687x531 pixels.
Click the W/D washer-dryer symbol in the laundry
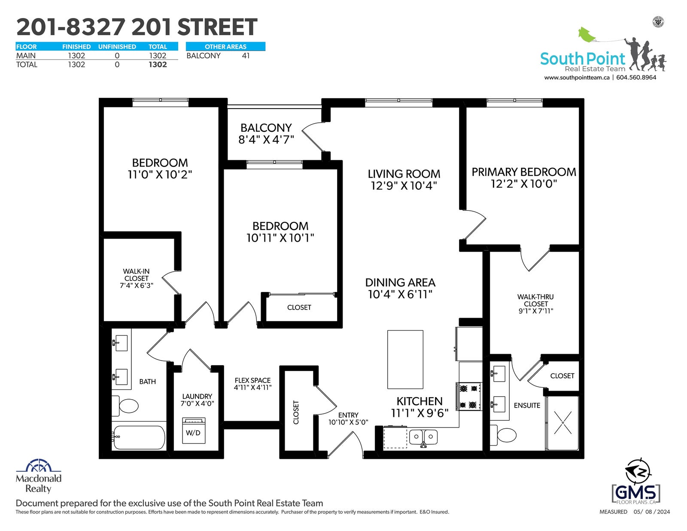pyautogui.click(x=194, y=431)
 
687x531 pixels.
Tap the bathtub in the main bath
pyautogui.click(x=139, y=437)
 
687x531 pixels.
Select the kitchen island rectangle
pyautogui.click(x=405, y=359)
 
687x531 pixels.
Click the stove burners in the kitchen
pyautogui.click(x=468, y=396)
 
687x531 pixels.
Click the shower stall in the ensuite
pyautogui.click(x=562, y=422)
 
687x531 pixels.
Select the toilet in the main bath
pyautogui.click(x=125, y=406)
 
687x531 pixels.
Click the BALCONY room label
pyautogui.click(x=266, y=127)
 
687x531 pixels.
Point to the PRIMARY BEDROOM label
pyautogui.click(x=523, y=172)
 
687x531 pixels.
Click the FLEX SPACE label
pyautogui.click(x=252, y=380)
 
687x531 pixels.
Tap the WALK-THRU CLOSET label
pyautogui.click(x=535, y=300)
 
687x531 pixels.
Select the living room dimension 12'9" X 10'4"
pyautogui.click(x=404, y=185)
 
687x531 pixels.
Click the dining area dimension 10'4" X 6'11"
pyautogui.click(x=400, y=294)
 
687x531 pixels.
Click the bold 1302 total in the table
pyautogui.click(x=158, y=64)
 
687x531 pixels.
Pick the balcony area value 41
pyautogui.click(x=246, y=56)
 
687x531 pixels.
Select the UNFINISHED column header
pyautogui.click(x=117, y=47)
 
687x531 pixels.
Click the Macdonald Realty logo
pyautogui.click(x=39, y=476)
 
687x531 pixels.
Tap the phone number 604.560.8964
pyautogui.click(x=636, y=77)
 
